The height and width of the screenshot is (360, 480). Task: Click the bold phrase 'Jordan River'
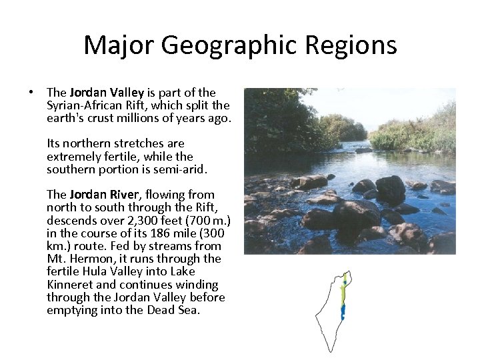pos(103,195)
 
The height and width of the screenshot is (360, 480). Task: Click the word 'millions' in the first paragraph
pos(157,118)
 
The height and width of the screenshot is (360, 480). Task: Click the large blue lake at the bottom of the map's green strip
pos(343,311)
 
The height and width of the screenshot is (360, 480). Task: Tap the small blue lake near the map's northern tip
pos(345,283)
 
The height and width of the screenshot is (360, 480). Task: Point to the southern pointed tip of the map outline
pos(329,351)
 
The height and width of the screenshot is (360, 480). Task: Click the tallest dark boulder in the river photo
pos(390,189)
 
